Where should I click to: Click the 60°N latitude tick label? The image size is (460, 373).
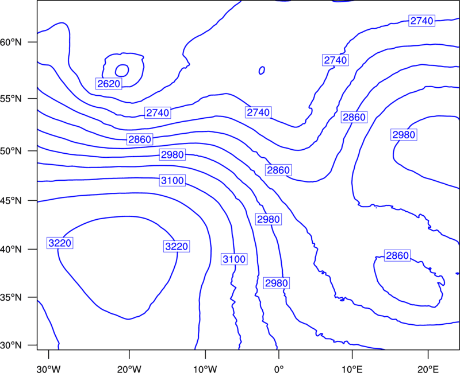11,42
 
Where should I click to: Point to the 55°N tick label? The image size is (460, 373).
11,99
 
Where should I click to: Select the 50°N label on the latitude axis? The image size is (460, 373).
11,151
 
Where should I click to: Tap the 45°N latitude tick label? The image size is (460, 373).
11,201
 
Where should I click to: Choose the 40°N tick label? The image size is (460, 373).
11,250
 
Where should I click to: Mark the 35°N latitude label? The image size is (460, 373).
11,297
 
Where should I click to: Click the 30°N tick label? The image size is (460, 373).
11,345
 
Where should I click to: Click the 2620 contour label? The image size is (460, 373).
109,84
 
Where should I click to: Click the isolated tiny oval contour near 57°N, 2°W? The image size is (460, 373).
262,70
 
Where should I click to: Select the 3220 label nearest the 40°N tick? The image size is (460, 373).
60,243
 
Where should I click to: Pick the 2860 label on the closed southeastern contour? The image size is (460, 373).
397,255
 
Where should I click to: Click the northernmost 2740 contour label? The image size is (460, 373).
422,21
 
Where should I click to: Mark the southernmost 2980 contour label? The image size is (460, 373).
277,283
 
